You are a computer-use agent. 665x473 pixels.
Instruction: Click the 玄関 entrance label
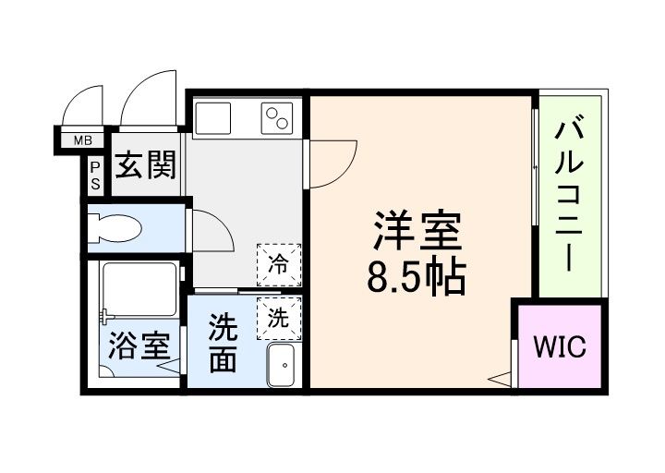pos(145,166)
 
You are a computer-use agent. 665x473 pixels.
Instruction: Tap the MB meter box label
pos(83,141)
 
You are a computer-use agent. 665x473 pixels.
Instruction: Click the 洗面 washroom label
pos(222,343)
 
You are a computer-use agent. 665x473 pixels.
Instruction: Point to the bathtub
pos(139,289)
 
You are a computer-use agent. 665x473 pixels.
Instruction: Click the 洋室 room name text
pos(417,231)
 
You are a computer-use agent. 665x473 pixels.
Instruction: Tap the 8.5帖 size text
pos(416,276)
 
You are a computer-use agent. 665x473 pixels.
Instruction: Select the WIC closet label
pos(558,346)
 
